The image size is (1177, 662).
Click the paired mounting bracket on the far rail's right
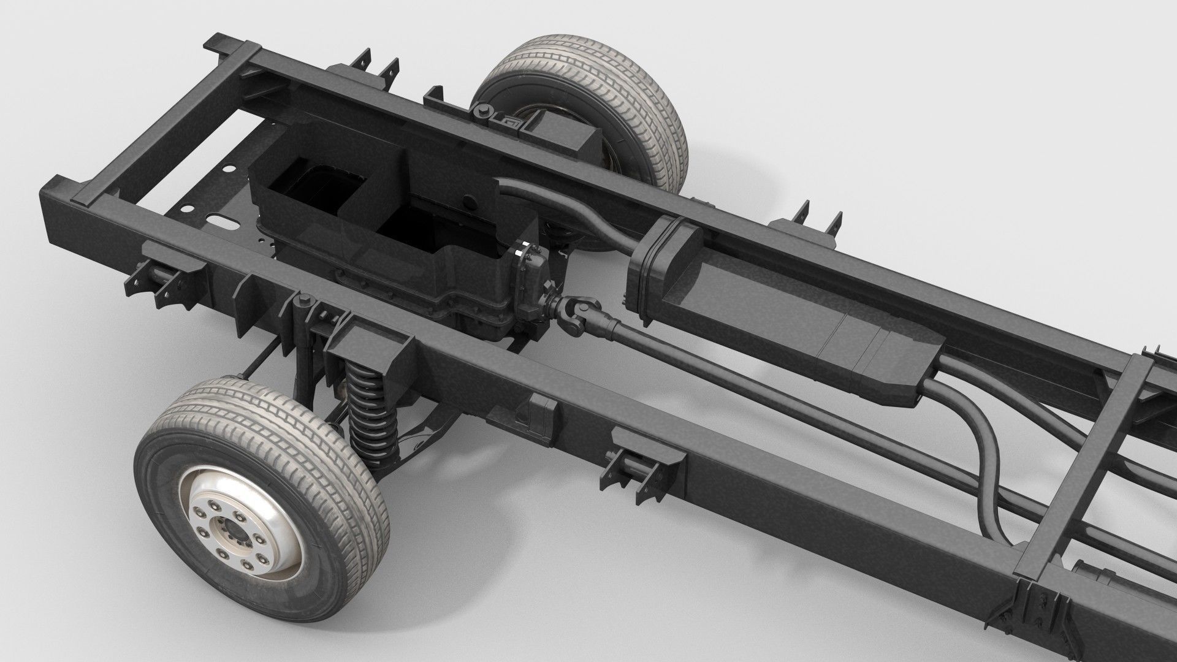[815, 221]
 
